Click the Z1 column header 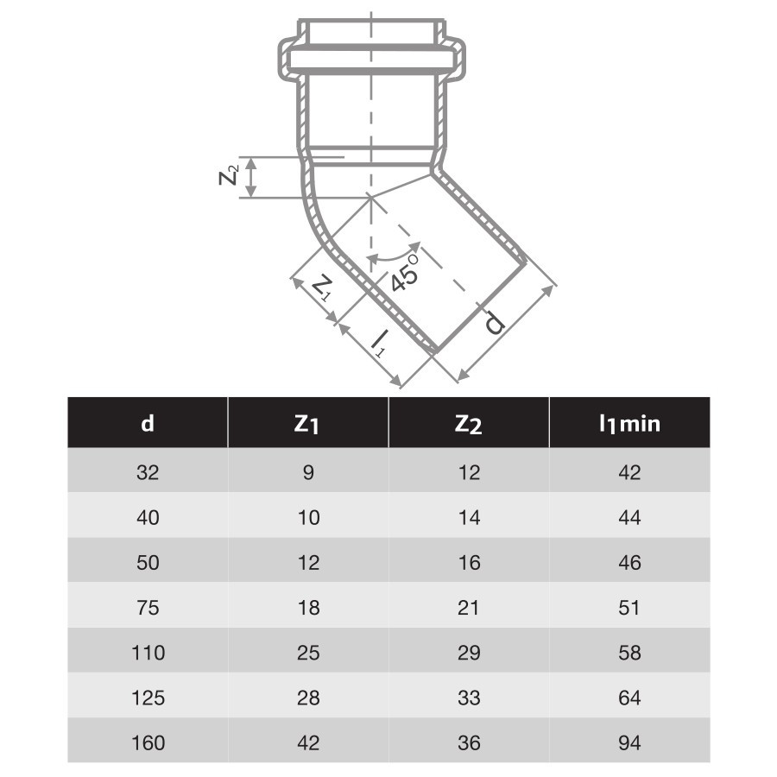(x=306, y=424)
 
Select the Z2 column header (x=468, y=424)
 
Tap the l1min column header (x=629, y=424)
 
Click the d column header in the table (x=148, y=424)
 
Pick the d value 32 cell (x=148, y=472)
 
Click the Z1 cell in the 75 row (x=308, y=608)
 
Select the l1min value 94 (x=629, y=742)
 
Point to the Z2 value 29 (x=469, y=653)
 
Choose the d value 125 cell (x=148, y=698)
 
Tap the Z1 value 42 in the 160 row (x=308, y=742)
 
